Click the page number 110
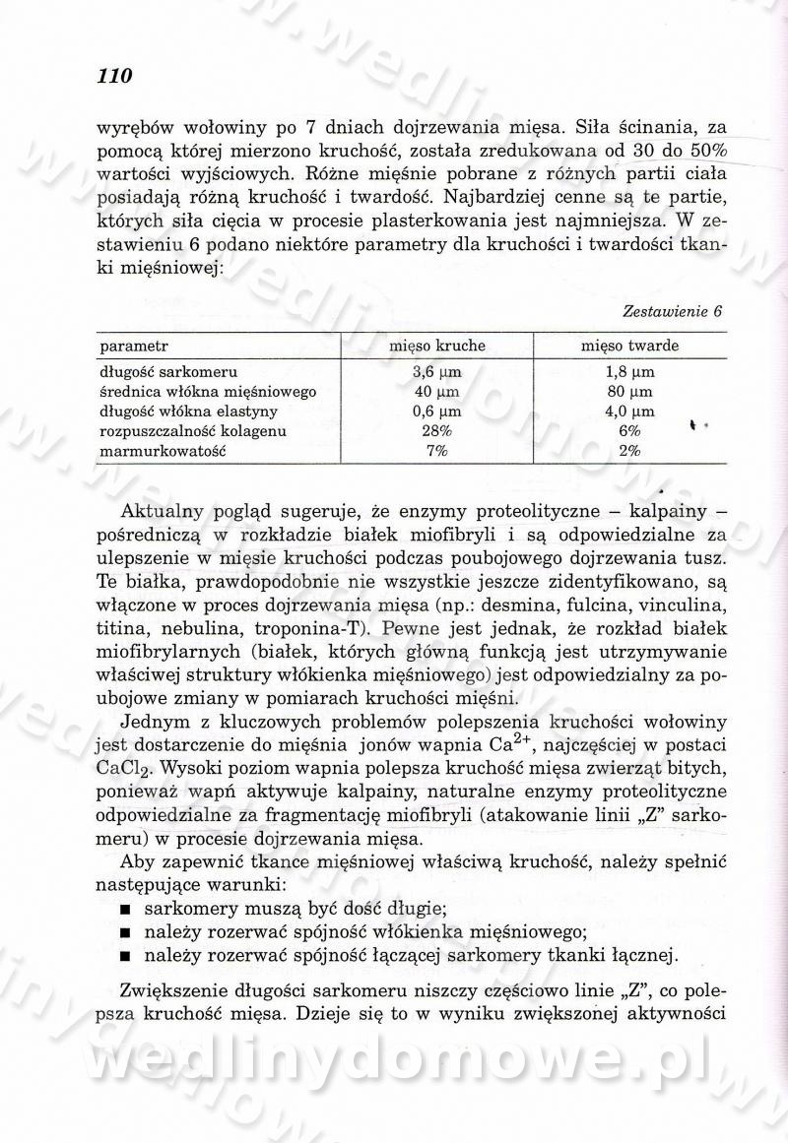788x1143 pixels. click(x=114, y=75)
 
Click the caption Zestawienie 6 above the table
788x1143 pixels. click(x=673, y=311)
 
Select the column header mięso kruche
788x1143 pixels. click(x=436, y=347)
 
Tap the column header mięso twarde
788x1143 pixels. click(x=629, y=347)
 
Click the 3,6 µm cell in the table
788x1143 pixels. click(x=436, y=372)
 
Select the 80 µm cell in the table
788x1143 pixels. click(x=630, y=392)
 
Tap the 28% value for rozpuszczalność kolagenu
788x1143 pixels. click(x=435, y=431)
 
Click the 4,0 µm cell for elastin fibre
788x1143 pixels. click(x=630, y=412)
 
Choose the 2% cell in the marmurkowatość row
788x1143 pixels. click(x=630, y=451)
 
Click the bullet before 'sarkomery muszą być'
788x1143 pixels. click(x=125, y=908)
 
